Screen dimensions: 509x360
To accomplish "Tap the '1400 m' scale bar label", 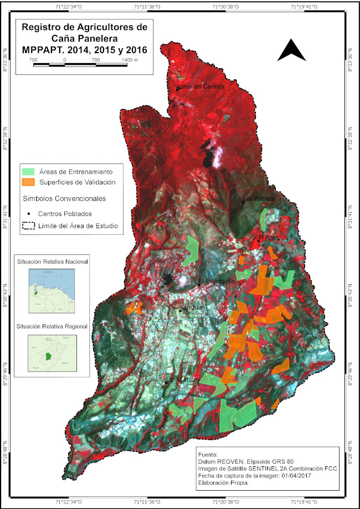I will tap(129, 59).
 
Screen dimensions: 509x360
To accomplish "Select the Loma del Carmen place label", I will tap(200, 87).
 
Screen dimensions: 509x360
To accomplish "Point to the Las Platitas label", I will tap(259, 199).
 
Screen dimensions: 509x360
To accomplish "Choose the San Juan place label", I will tap(192, 307).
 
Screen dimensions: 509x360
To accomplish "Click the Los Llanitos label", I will tap(183, 379).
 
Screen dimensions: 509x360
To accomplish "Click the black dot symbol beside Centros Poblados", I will tap(28, 213).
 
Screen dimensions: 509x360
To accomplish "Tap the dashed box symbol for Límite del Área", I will tap(28, 226).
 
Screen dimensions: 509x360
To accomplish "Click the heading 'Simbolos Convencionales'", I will tap(64, 198).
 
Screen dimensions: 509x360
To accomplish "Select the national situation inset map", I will tap(52, 291).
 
